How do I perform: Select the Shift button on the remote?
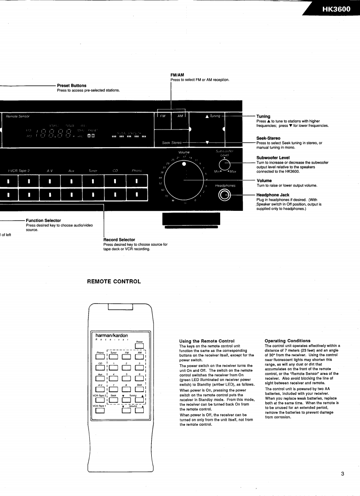(140, 388)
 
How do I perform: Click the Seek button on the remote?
(113, 400)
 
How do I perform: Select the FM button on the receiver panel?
(162, 116)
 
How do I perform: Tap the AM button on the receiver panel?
(180, 116)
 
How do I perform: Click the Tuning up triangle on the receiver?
(207, 116)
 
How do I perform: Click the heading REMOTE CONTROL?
(115, 281)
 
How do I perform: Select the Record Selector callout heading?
(119, 240)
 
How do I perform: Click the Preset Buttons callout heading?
(72, 85)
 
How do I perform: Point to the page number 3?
(342, 474)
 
